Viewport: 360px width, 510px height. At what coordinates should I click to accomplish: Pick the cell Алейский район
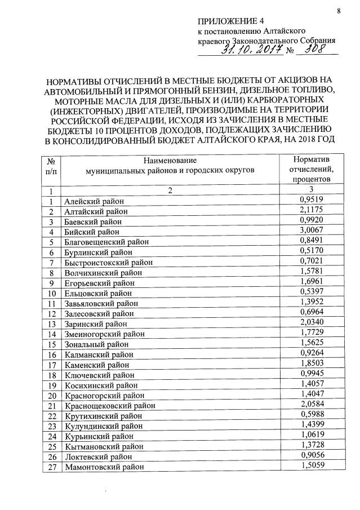coord(94,201)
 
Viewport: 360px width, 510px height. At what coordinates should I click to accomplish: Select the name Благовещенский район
coord(106,242)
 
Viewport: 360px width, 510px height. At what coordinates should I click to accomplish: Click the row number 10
coord(51,293)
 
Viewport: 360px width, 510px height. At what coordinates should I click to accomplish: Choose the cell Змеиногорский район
coord(105,334)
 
